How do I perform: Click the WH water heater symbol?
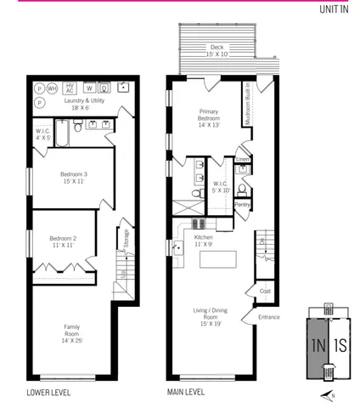point(53,88)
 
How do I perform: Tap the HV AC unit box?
point(70,88)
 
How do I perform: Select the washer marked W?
point(89,88)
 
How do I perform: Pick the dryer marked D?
point(104,88)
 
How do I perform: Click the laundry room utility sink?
point(124,87)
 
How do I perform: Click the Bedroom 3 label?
point(73,178)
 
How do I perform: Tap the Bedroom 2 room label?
point(64,241)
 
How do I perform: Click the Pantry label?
point(242,204)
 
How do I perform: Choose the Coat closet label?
point(264,292)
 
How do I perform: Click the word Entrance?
point(269,318)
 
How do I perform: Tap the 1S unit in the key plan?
point(340,345)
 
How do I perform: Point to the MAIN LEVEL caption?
point(190,393)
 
